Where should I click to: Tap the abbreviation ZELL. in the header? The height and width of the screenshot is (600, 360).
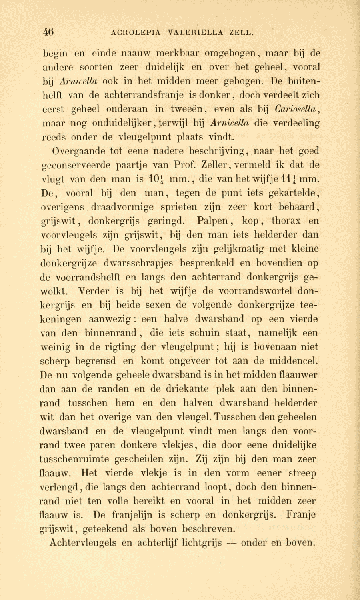(x=241, y=32)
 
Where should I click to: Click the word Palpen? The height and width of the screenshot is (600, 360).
(x=214, y=221)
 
